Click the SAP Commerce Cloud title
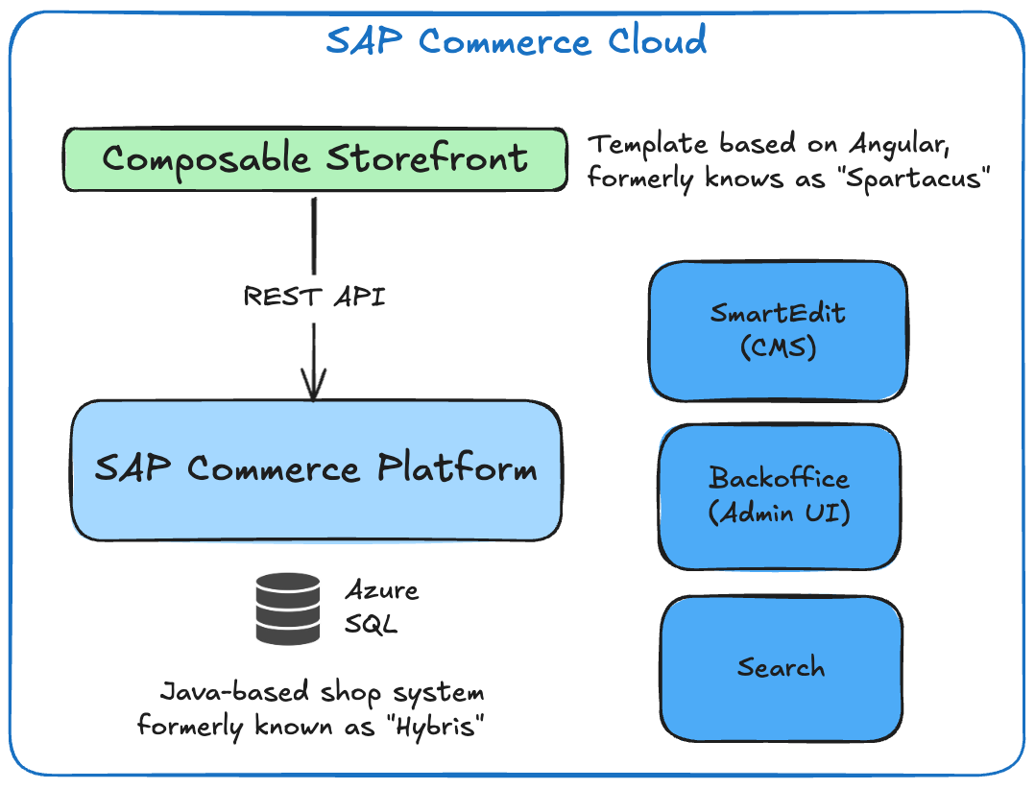tap(517, 41)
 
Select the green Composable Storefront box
tap(315, 158)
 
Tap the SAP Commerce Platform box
tap(315, 469)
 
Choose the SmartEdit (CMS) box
tap(778, 330)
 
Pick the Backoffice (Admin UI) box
tap(780, 495)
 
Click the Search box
tap(781, 668)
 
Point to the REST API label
tap(314, 297)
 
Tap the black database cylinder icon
tap(288, 609)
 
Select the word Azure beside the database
tap(382, 590)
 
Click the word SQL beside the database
tap(371, 626)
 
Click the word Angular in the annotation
tap(906, 145)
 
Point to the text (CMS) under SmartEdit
tap(778, 347)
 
